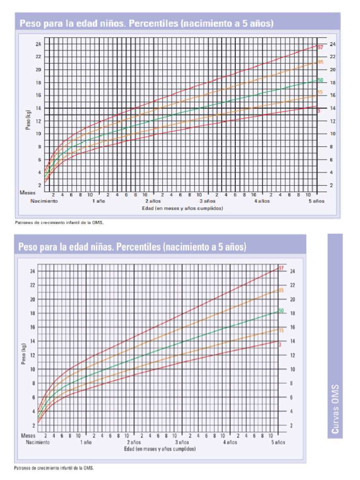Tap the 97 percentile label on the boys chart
click(x=321, y=47)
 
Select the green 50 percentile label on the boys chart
click(x=321, y=80)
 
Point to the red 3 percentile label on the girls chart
click(x=280, y=345)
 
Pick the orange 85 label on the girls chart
click(x=281, y=291)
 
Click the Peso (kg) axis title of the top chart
click(x=29, y=121)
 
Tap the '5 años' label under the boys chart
click(x=316, y=201)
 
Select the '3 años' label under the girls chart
click(x=182, y=442)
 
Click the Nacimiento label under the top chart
click(x=44, y=201)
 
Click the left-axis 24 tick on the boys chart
click(x=38, y=44)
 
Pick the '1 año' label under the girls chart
click(x=86, y=442)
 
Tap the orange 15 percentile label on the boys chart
click(x=321, y=92)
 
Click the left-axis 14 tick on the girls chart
click(x=32, y=341)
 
